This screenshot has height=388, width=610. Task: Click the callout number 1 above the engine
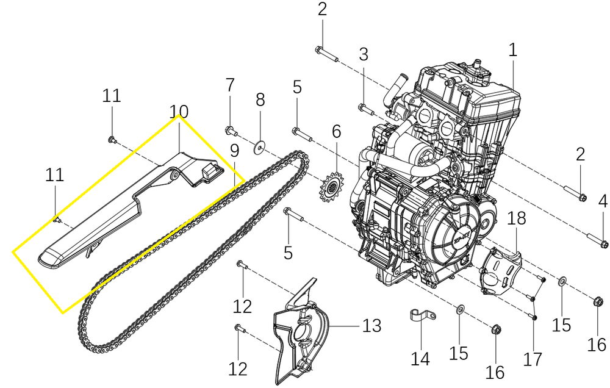[x=512, y=50]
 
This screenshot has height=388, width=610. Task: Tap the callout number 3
[x=364, y=54]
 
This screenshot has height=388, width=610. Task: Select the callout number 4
[x=603, y=201]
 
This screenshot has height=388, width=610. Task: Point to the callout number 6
[x=336, y=131]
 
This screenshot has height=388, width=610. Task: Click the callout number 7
[x=230, y=85]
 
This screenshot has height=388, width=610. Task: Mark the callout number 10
[x=179, y=112]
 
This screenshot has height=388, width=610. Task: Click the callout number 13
[x=371, y=326]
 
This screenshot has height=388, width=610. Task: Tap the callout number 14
[x=420, y=358]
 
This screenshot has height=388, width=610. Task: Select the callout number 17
[x=533, y=358]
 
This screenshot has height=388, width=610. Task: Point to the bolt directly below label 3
[x=364, y=110]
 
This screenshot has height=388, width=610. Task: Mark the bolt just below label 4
[x=597, y=240]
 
